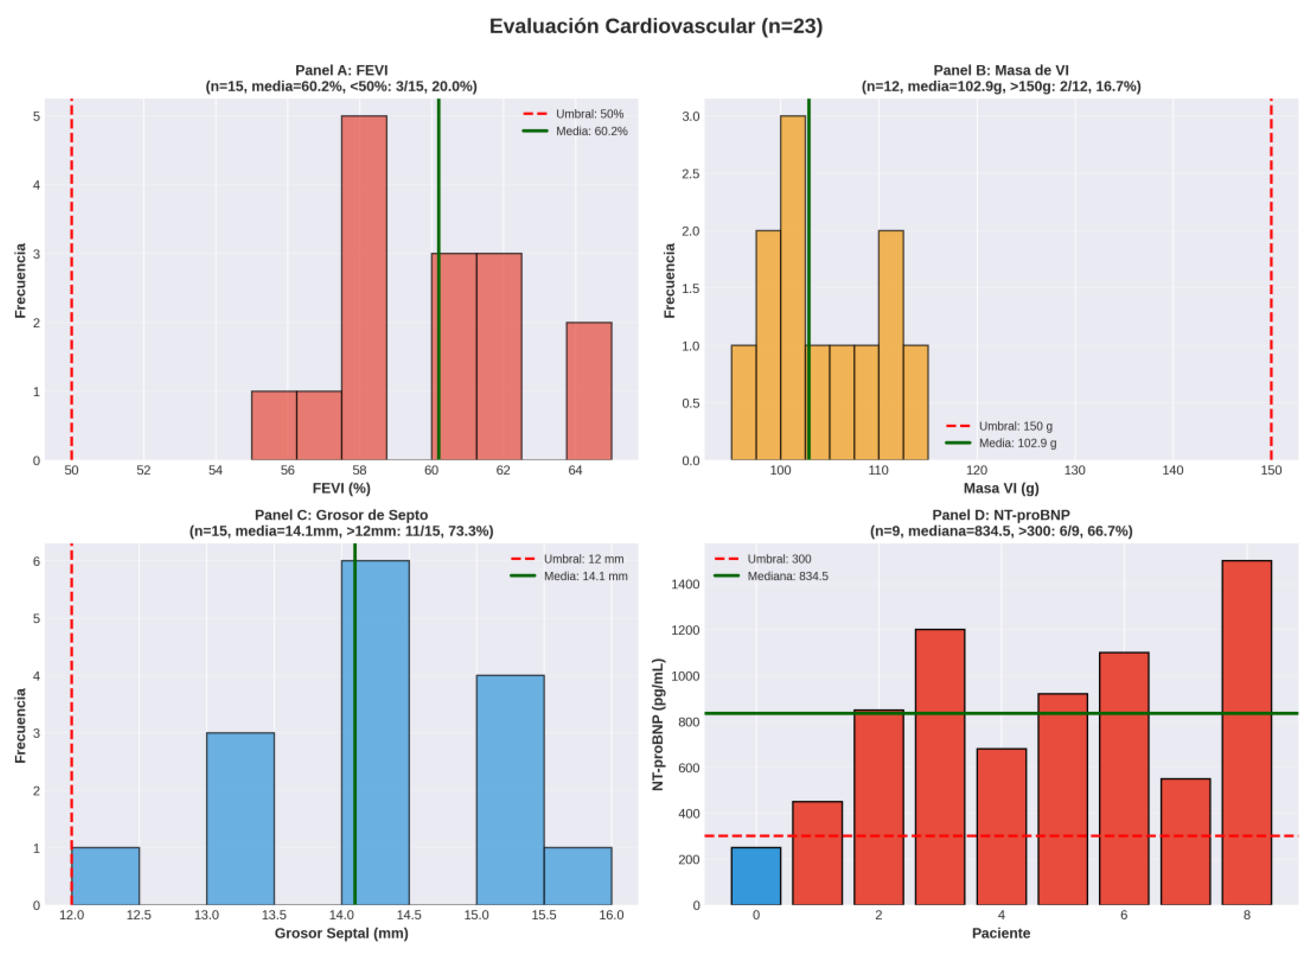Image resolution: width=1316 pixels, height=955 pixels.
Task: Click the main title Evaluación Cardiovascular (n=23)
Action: coord(656,26)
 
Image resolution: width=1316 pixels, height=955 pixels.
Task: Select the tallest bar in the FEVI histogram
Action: coord(364,288)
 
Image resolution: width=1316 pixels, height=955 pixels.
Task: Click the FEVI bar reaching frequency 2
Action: coord(589,391)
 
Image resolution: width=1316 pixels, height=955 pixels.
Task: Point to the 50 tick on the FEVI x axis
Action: coord(71,470)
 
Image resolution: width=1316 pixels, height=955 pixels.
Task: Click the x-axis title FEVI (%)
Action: coord(342,489)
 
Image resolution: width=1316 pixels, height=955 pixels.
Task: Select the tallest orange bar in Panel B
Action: coord(792,288)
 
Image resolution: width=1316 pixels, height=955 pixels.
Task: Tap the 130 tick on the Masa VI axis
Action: coord(1075,470)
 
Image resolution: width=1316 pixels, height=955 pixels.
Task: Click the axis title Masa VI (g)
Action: coord(1001,489)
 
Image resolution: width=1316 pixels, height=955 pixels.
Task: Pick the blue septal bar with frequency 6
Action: coord(375,733)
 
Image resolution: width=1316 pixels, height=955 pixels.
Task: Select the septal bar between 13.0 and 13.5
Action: coord(240,819)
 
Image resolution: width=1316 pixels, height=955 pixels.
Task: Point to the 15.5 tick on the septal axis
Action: coord(544,916)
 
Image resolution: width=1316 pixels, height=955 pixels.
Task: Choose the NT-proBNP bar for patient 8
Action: coord(1247,733)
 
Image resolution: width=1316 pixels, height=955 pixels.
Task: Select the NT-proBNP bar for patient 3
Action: coord(940,767)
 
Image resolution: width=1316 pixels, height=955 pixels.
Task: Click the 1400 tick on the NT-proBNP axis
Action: coord(685,584)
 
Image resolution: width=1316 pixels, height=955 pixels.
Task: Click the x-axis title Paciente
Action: coord(1001,934)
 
